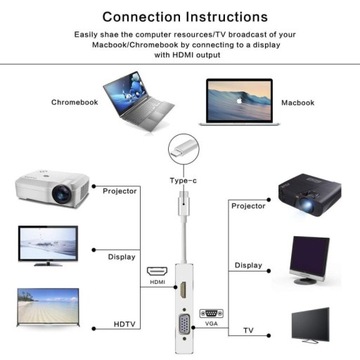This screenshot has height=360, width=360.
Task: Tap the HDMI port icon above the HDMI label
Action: click(156, 271)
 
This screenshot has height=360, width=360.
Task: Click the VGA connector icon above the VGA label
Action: click(212, 312)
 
